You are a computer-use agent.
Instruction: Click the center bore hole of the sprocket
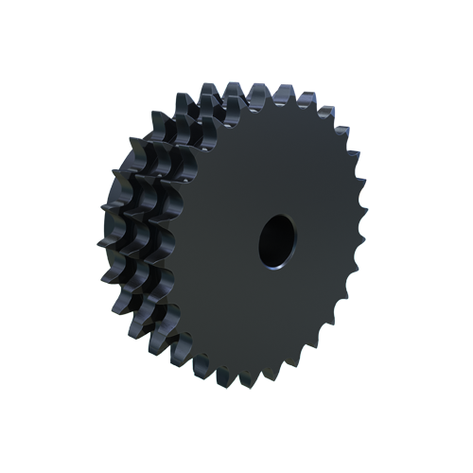pos(276,239)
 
